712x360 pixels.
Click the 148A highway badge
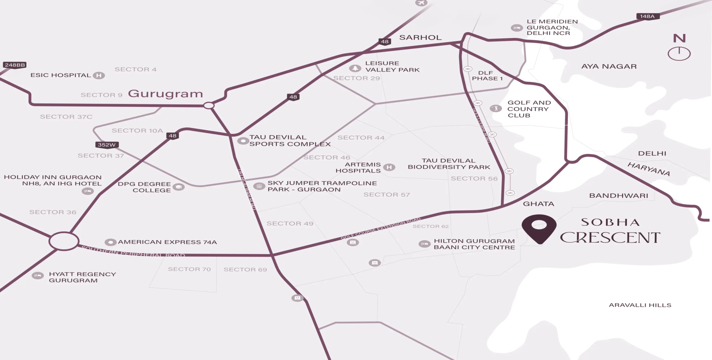pos(647,16)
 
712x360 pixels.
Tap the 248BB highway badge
pos(15,65)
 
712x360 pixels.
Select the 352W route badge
pos(107,145)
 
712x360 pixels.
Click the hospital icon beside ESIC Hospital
pos(99,75)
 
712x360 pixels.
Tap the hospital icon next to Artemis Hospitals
pos(389,168)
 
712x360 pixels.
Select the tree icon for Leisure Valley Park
pos(355,68)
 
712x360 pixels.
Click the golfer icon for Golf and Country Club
pos(496,109)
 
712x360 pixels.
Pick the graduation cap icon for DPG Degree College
pos(179,187)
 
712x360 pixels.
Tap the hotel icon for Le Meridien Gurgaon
pos(517,28)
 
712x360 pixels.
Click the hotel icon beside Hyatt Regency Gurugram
pos(38,276)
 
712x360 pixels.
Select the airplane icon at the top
pos(421,3)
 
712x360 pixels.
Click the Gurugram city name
pos(165,94)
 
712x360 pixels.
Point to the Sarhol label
pos(420,38)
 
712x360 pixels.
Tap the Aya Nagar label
pos(609,66)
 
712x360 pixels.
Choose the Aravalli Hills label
pos(640,305)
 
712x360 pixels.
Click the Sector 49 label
pos(290,224)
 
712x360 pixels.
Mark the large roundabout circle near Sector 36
pos(64,241)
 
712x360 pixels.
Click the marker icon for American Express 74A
pos(111,242)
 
